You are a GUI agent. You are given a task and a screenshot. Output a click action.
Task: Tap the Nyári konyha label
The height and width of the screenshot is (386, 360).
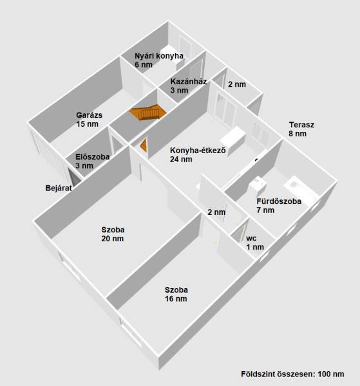tap(159, 56)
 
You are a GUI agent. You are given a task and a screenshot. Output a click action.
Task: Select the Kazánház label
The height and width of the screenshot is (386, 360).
tap(189, 81)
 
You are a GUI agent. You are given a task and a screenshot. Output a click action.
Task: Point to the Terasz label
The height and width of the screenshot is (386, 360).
tap(301, 125)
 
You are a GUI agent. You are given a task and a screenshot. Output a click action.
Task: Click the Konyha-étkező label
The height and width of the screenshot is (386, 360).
tap(198, 150)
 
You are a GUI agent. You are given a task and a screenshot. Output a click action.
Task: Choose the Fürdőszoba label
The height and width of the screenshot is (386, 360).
tap(279, 201)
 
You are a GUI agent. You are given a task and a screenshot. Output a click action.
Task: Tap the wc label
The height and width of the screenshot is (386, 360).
tap(251, 238)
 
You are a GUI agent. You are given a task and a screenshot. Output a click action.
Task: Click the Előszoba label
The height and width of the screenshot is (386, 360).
tap(92, 157)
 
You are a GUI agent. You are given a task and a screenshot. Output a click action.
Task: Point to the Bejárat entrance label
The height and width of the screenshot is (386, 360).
tap(59, 188)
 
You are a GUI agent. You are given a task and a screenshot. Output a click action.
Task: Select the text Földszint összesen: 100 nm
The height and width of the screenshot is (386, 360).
tap(292, 374)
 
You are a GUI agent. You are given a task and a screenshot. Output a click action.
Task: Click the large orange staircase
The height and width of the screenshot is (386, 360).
tap(147, 112)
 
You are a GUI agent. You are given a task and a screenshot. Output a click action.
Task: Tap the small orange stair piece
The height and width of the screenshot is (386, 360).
tap(144, 145)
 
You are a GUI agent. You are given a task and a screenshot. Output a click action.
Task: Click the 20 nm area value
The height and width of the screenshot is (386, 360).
tap(112, 239)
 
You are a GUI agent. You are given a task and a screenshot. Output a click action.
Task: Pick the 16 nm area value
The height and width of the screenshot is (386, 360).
tap(176, 299)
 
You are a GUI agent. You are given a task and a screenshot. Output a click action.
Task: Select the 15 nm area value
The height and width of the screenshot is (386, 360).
tap(87, 124)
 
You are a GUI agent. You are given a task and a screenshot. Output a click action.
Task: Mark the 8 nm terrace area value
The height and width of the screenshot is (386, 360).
tap(298, 134)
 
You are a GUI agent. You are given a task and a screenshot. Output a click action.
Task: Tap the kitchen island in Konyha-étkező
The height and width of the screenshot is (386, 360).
tap(233, 140)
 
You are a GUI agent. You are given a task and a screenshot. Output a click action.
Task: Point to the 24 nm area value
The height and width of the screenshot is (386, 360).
tap(181, 160)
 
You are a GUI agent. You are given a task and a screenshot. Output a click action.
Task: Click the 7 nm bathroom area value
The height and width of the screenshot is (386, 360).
tap(265, 210)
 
